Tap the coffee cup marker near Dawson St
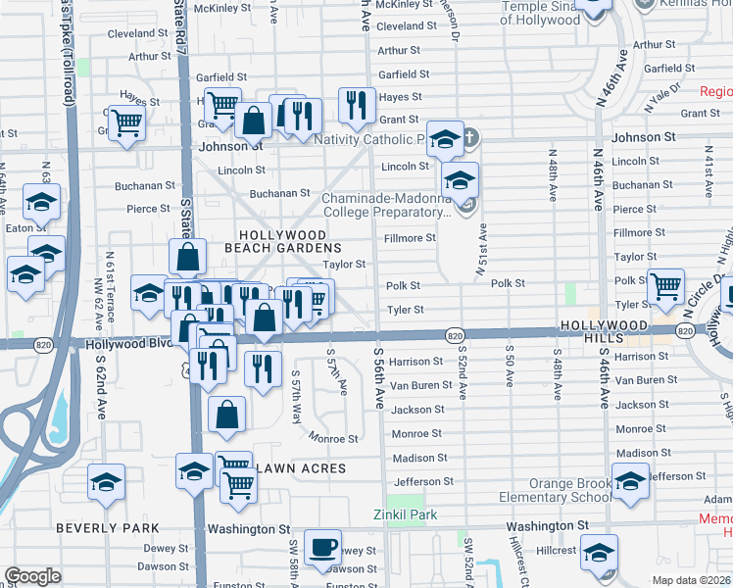click(322, 548)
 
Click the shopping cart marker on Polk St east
click(665, 286)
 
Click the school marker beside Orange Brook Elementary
click(630, 481)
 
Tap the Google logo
click(32, 576)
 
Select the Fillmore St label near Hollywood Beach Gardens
click(410, 238)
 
